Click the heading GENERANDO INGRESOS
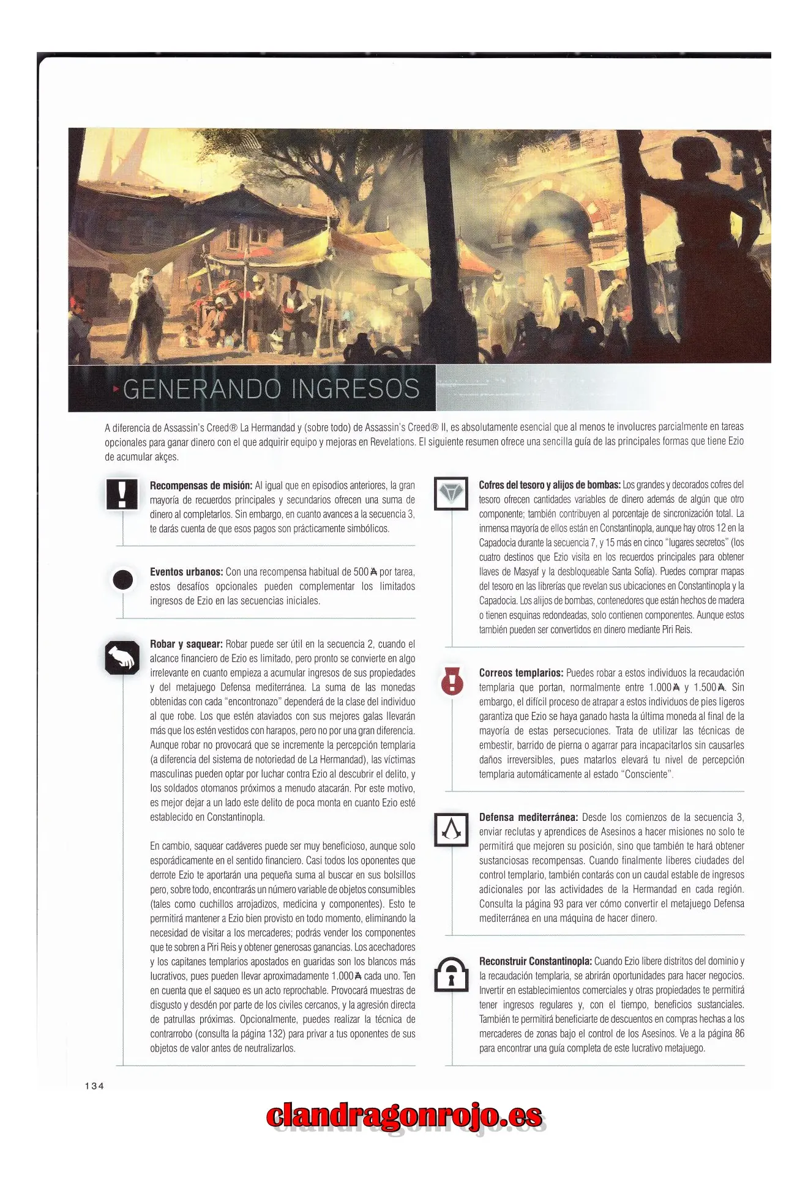(271, 389)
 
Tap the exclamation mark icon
(122, 494)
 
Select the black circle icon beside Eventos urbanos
(123, 579)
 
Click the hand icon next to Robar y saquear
(122, 658)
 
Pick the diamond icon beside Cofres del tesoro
(451, 493)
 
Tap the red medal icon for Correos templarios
(452, 680)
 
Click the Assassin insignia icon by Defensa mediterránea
(451, 829)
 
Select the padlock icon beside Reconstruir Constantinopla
(451, 974)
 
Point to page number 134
(94, 1086)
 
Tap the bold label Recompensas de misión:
(201, 486)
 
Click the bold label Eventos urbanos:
(186, 572)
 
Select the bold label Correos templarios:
(521, 673)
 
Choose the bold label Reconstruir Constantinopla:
(535, 961)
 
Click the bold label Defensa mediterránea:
(528, 817)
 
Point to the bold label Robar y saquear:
(186, 644)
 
